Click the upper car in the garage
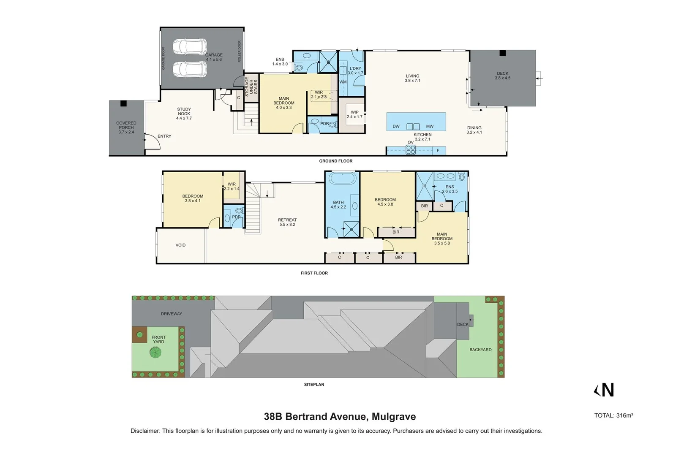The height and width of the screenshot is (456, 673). pyautogui.click(x=190, y=46)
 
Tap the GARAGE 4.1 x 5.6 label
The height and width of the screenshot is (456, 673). pyautogui.click(x=214, y=57)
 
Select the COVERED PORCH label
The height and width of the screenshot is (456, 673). pyautogui.click(x=126, y=128)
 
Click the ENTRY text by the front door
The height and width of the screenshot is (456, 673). pyautogui.click(x=164, y=136)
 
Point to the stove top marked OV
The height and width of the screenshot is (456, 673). pyautogui.click(x=411, y=149)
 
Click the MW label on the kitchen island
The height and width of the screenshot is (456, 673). pyautogui.click(x=430, y=126)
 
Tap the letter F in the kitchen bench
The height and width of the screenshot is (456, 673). pyautogui.click(x=438, y=151)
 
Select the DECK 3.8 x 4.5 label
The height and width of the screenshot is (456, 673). pyautogui.click(x=503, y=76)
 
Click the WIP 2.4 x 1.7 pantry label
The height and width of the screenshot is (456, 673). pyautogui.click(x=354, y=114)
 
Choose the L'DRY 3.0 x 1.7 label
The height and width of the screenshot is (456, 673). pyautogui.click(x=355, y=71)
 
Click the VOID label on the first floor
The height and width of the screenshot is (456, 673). pyautogui.click(x=180, y=245)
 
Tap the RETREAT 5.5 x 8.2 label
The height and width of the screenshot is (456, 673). pyautogui.click(x=287, y=222)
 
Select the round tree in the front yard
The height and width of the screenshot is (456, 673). pyautogui.click(x=156, y=352)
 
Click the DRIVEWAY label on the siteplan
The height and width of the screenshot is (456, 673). pyautogui.click(x=171, y=314)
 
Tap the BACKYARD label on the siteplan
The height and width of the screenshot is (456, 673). pyautogui.click(x=480, y=350)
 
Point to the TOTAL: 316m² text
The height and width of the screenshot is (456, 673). pyautogui.click(x=613, y=415)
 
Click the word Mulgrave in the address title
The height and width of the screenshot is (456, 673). pyautogui.click(x=394, y=417)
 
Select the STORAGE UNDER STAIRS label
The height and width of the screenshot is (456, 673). pyautogui.click(x=251, y=87)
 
